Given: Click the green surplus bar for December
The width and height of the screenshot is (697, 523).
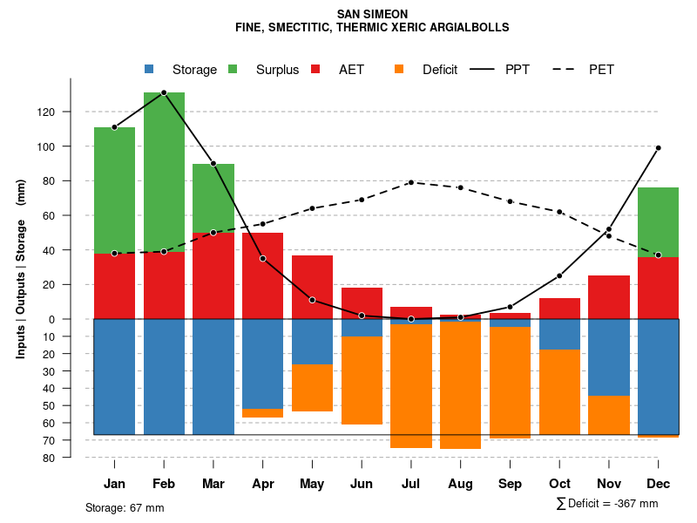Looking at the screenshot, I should click(658, 222).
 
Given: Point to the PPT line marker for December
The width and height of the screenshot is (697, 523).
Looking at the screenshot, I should click(658, 148).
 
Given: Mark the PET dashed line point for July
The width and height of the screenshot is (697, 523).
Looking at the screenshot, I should click(410, 182).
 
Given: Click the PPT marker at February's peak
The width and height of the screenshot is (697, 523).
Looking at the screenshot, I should click(164, 92).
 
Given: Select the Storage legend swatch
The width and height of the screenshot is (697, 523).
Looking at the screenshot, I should click(150, 70).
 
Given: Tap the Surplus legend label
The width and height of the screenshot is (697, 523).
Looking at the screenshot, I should click(277, 70).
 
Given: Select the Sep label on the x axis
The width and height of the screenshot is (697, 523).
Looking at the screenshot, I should click(511, 484).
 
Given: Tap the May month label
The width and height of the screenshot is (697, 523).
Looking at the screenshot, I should click(312, 484).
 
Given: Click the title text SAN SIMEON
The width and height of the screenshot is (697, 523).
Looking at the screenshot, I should click(372, 14).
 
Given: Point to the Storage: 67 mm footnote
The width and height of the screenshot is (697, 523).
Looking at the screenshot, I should click(125, 507).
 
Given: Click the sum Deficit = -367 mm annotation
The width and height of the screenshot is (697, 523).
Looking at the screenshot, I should click(607, 504).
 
